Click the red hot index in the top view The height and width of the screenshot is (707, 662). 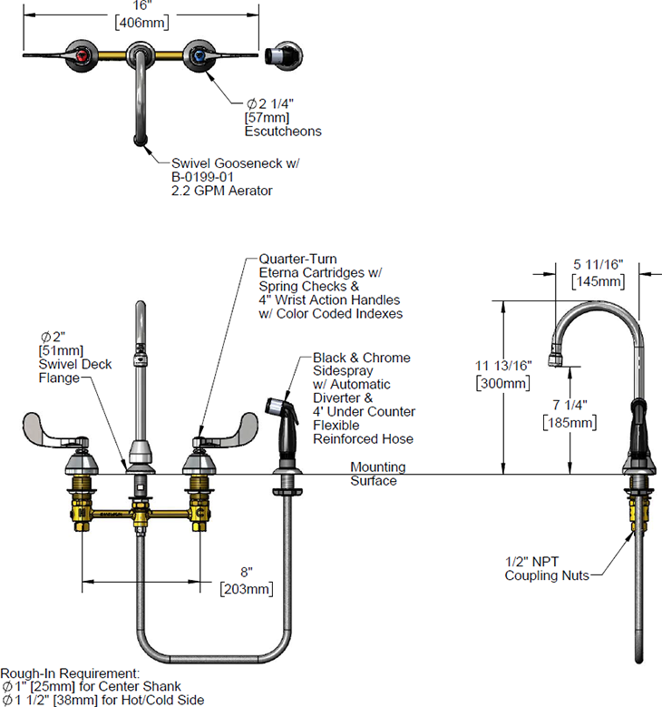point(83,55)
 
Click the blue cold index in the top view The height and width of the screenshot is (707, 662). point(199,55)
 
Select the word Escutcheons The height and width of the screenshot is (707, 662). point(283,132)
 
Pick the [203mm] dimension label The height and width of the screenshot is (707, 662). point(245,590)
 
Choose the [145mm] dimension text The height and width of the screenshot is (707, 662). point(598,281)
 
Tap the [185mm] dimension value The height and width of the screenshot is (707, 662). point(569,422)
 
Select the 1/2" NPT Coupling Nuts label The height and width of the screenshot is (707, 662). point(547,568)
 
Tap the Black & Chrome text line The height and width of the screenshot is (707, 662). point(361,358)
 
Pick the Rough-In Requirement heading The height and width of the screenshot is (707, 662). point(70,673)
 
